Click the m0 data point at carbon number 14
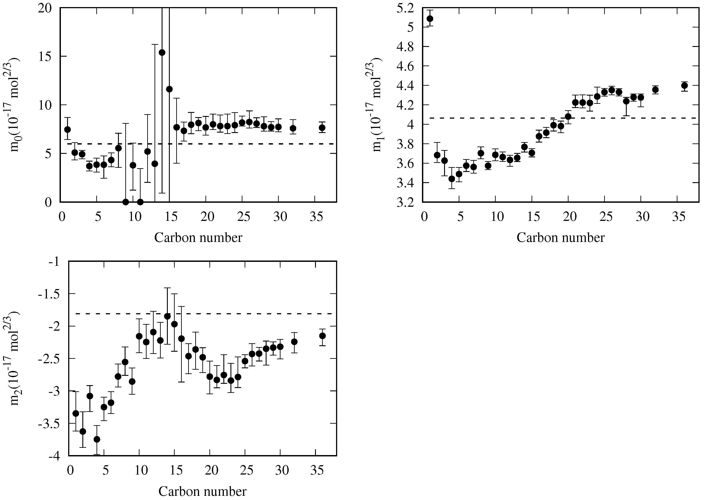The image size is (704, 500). coord(162,52)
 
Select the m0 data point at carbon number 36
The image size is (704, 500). coord(322,127)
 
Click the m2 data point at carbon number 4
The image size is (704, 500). coord(97,439)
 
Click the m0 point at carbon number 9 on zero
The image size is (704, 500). coord(126,202)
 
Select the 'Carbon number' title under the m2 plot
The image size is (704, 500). coord(202,492)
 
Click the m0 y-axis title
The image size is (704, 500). coord(15,105)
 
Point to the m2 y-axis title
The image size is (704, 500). coord(15,359)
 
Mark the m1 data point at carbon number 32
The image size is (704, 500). coord(655,90)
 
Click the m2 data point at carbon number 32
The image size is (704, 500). coord(294,342)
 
